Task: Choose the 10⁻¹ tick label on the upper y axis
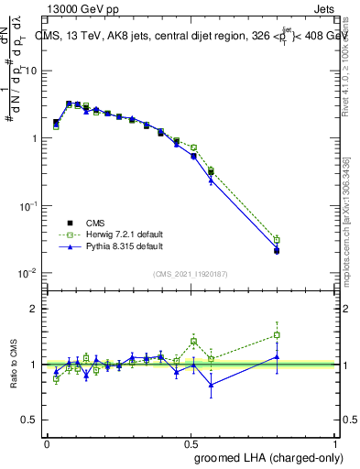(x=28, y=206)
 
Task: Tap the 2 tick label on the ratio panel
(x=34, y=309)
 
